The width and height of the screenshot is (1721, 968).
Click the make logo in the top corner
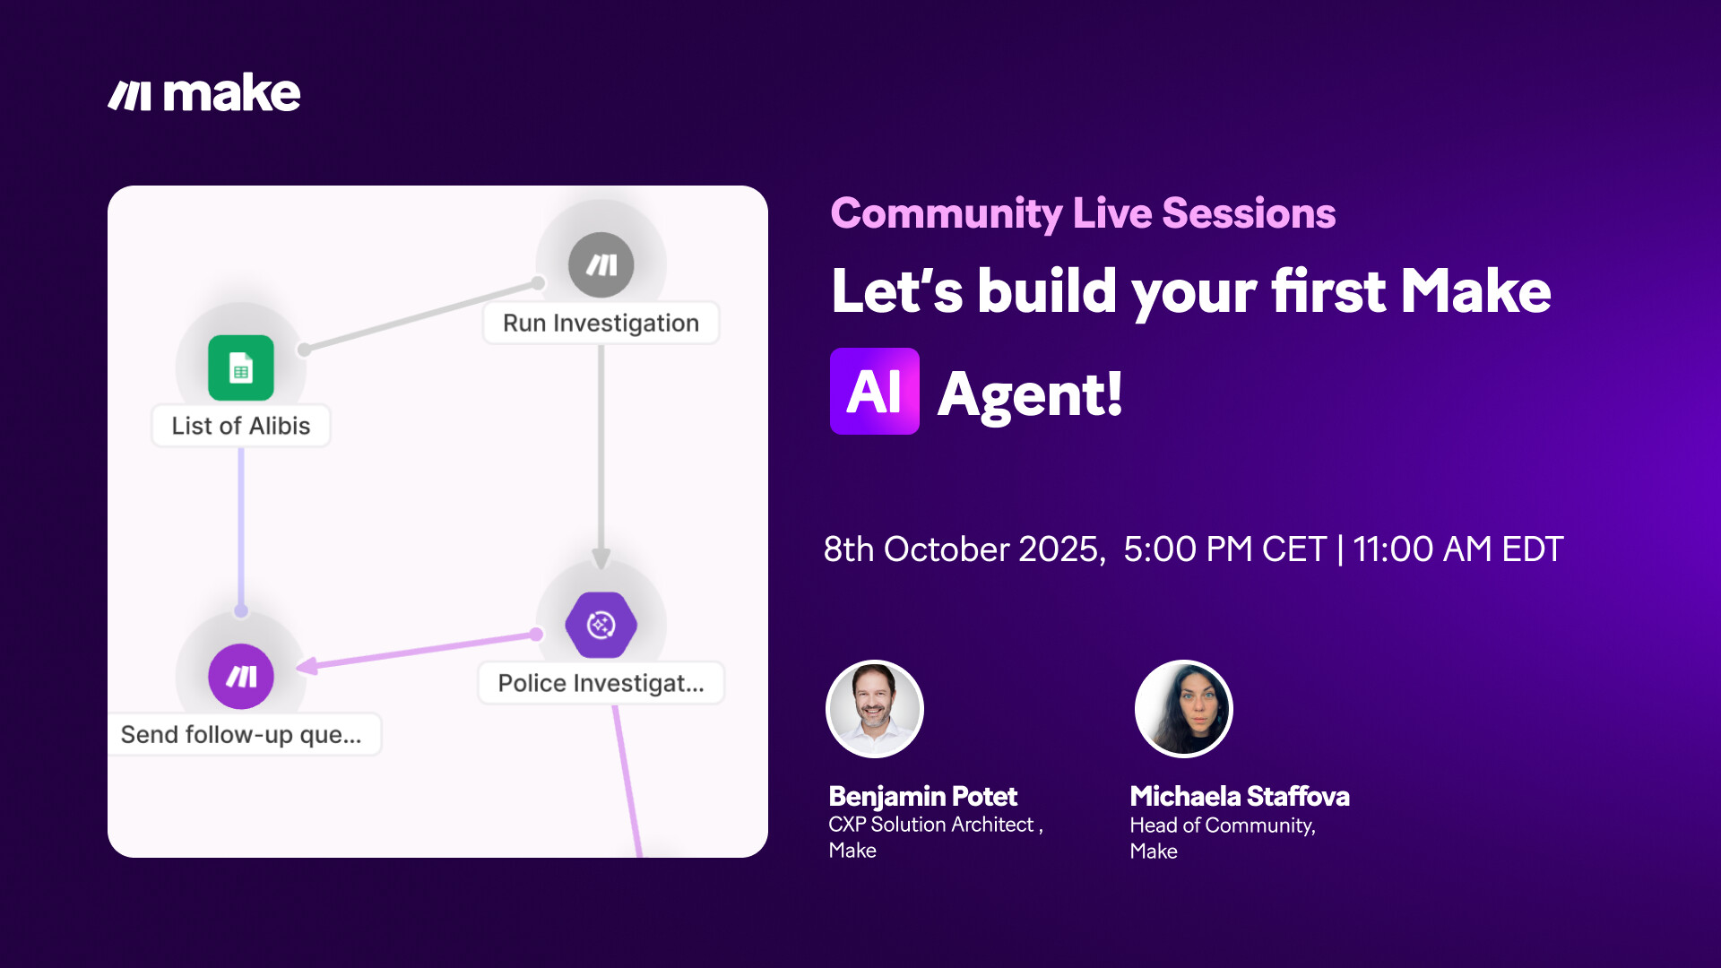[x=204, y=93]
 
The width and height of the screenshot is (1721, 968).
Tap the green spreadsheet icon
[x=241, y=367]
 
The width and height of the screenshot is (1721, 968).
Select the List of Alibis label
[x=241, y=426]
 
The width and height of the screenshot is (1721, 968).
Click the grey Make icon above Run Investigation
[x=601, y=265]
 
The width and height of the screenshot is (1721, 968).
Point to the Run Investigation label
[x=601, y=323]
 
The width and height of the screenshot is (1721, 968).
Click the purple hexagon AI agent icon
[x=601, y=625]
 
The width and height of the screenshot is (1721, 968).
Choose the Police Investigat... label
[x=601, y=683]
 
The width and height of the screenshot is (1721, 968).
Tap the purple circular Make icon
[x=241, y=677]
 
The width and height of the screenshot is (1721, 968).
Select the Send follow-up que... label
[x=242, y=734]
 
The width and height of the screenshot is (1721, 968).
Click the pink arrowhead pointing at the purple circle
[x=307, y=666]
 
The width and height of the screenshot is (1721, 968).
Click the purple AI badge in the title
[x=875, y=392]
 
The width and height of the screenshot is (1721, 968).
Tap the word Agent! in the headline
[x=1030, y=394]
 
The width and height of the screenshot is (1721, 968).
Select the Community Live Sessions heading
[x=1083, y=213]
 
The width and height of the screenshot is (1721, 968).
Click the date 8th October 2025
[x=964, y=549]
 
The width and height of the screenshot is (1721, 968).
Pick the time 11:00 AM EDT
[x=1458, y=549]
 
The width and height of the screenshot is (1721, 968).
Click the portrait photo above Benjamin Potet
[x=875, y=709]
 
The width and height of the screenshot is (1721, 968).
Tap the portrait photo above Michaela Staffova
[x=1184, y=709]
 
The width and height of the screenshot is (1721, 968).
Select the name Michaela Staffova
[x=1240, y=796]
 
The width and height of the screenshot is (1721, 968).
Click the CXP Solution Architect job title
[x=931, y=825]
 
